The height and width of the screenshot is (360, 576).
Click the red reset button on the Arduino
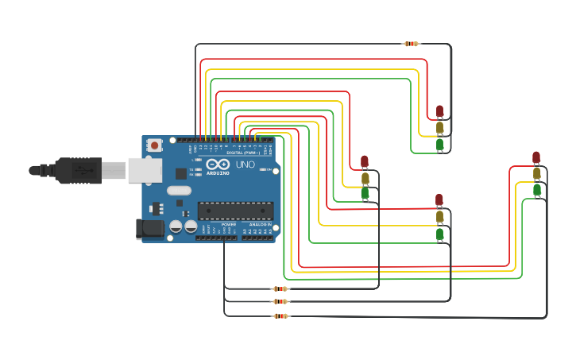(154, 145)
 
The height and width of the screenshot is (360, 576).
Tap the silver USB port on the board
(145, 170)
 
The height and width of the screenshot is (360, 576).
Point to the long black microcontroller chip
(235, 211)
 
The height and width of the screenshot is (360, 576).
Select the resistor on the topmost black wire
(412, 44)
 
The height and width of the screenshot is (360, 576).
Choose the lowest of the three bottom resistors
(280, 316)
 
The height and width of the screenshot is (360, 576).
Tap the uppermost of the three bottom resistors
(280, 288)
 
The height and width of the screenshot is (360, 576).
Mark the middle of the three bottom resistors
(280, 301)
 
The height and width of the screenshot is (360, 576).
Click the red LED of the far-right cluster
(536, 157)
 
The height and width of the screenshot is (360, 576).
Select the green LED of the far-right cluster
(537, 189)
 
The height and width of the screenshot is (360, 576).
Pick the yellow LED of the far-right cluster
(537, 173)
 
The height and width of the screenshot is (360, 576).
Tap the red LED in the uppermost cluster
(440, 111)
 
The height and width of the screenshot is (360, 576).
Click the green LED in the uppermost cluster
(440, 144)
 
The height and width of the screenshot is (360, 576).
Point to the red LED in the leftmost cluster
(365, 161)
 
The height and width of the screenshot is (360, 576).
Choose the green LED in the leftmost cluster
(365, 192)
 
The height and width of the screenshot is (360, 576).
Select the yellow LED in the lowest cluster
(439, 216)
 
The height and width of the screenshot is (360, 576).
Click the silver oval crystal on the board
(179, 190)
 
